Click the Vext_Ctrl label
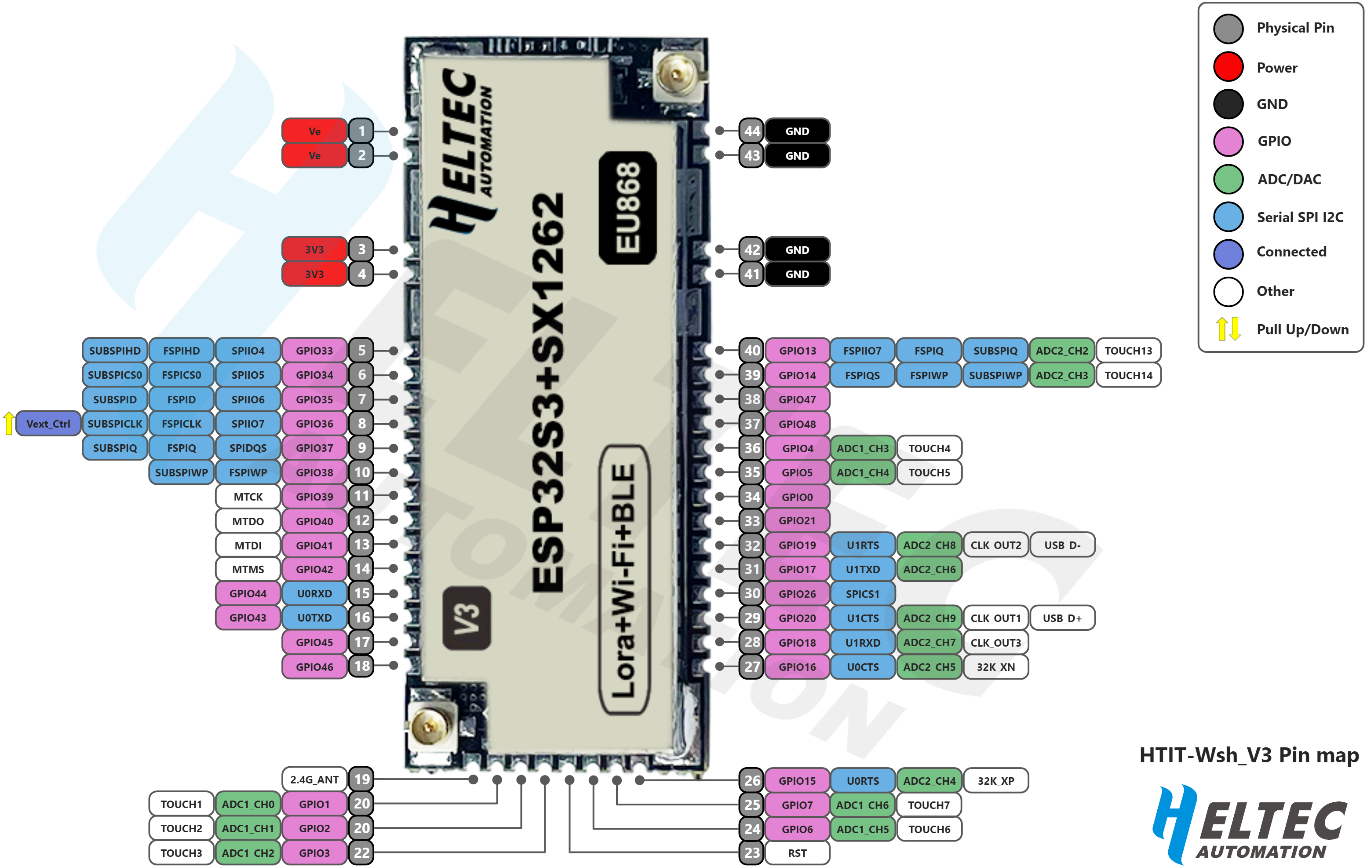click(48, 424)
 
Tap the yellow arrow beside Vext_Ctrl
click(8, 424)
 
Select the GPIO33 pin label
click(314, 350)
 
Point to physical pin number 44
click(751, 131)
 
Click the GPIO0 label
click(797, 497)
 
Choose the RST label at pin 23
click(797, 853)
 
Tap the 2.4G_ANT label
click(314, 779)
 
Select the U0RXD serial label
click(314, 593)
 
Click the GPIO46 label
click(314, 666)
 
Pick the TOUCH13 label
click(1128, 350)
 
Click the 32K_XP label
click(996, 781)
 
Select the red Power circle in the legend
click(1228, 67)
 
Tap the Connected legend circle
click(1228, 253)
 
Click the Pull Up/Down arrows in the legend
click(1228, 329)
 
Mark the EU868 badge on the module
click(628, 208)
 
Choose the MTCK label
click(248, 497)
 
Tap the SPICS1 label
click(862, 594)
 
